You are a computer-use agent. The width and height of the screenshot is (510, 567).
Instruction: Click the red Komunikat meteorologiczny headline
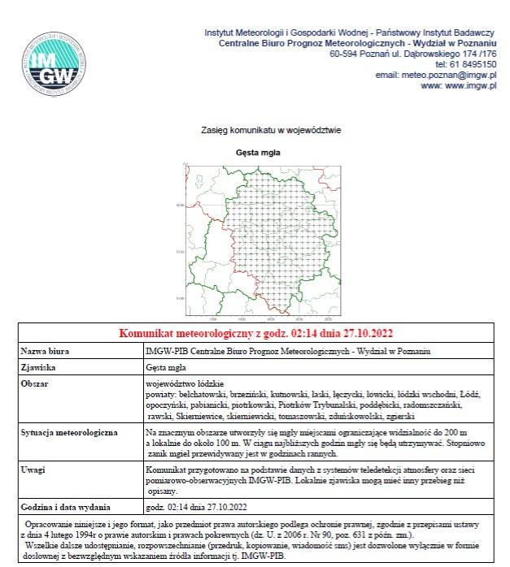(x=256, y=333)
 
